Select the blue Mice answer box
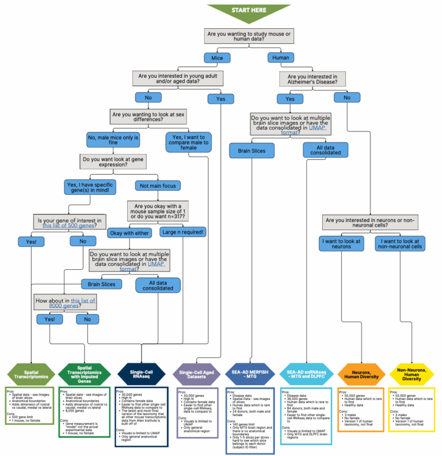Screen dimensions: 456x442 pyautogui.click(x=218, y=58)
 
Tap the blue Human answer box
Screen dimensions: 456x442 pyautogui.click(x=281, y=58)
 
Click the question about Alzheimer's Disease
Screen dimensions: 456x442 pyautogui.click(x=313, y=79)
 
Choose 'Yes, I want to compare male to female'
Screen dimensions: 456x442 pyautogui.click(x=189, y=142)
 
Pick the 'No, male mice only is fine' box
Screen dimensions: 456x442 pyautogui.click(x=113, y=141)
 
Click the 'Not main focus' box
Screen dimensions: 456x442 pyautogui.click(x=158, y=186)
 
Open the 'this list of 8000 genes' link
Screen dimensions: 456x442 pyautogui.click(x=83, y=302)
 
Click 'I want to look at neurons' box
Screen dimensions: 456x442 pyautogui.click(x=342, y=243)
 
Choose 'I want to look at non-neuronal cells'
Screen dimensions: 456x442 pyautogui.click(x=400, y=243)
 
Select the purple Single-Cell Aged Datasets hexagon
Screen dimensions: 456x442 pyautogui.click(x=197, y=373)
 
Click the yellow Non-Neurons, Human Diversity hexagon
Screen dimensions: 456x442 pyautogui.click(x=411, y=373)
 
